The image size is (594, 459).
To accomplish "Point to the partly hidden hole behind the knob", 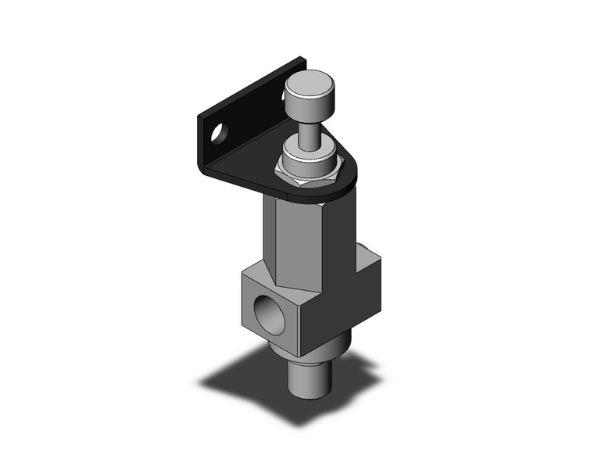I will [x=284, y=97].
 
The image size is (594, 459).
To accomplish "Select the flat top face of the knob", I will [x=310, y=80].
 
